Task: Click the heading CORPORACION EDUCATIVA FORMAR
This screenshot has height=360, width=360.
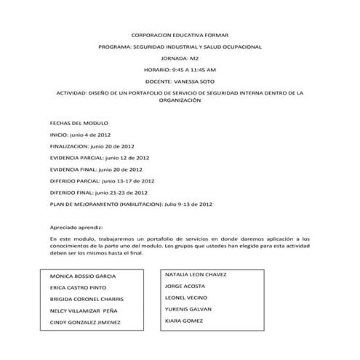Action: (x=179, y=35)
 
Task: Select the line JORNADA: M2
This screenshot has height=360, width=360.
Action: (x=179, y=58)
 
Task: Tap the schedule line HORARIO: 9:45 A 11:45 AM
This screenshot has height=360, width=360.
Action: (x=180, y=70)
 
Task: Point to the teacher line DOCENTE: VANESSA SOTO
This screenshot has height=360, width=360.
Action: (x=180, y=81)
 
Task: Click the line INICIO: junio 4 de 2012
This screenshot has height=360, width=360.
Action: (x=80, y=135)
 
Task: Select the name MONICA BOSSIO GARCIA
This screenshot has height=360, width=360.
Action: (x=89, y=277)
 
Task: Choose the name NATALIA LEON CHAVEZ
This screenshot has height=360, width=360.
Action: (x=196, y=275)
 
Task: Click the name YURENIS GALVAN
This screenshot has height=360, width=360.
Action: (x=188, y=308)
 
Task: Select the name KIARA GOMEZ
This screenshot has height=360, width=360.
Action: (x=184, y=320)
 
